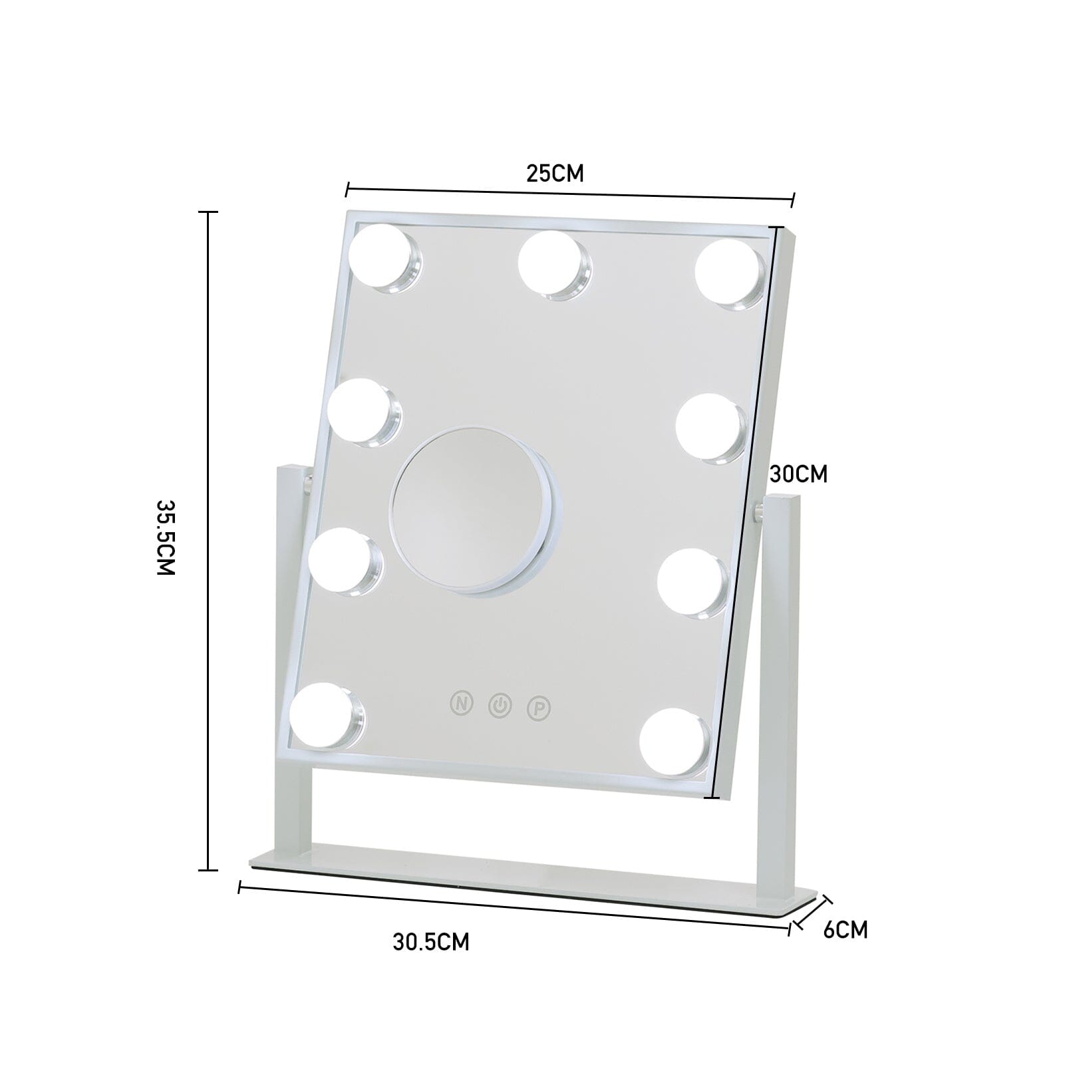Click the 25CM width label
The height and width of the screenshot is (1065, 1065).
[x=555, y=174]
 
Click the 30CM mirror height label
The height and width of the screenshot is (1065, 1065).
[x=798, y=474]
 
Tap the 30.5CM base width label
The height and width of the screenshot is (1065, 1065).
[x=430, y=942]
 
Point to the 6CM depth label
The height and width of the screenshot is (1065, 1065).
[x=845, y=929]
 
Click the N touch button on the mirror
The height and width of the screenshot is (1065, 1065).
[x=461, y=702]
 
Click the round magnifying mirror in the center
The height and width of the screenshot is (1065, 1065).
[x=474, y=510]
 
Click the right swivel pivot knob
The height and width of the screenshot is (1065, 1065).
[x=758, y=512]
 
